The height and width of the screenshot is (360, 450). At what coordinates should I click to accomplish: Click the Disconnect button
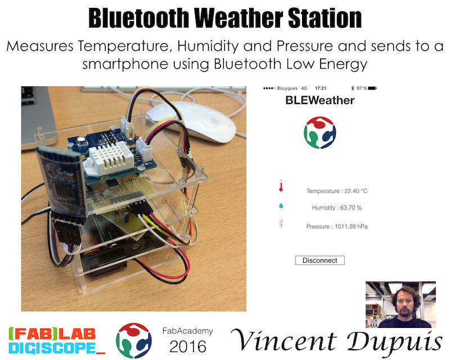tap(319, 260)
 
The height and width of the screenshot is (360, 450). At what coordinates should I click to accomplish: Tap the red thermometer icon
tap(281, 186)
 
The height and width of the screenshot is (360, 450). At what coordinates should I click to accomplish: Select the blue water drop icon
tap(281, 205)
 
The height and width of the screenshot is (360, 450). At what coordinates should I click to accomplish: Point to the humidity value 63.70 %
tap(350, 208)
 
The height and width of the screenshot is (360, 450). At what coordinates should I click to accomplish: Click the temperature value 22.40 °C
tap(356, 191)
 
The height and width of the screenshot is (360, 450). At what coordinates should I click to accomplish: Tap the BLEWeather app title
tap(319, 100)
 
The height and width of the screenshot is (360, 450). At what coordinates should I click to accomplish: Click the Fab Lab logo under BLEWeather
tap(319, 132)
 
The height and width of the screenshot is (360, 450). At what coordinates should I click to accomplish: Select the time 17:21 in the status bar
tap(321, 88)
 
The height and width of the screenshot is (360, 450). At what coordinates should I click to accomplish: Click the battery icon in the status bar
tap(372, 88)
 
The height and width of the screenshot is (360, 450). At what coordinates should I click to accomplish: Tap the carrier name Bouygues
tap(287, 88)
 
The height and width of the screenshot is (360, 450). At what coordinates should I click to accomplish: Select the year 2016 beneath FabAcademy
tap(188, 346)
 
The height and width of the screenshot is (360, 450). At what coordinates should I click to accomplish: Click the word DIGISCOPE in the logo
tap(52, 348)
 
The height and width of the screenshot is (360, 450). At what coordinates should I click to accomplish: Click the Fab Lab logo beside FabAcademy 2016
tap(134, 340)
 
